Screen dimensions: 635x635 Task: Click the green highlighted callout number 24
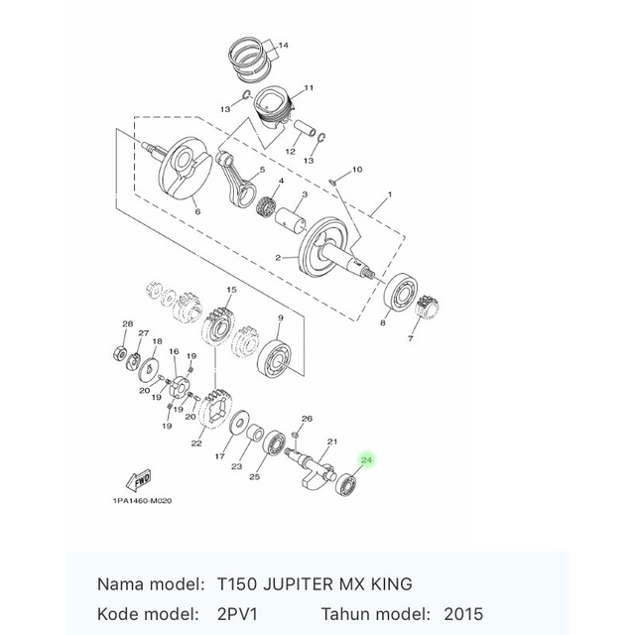coord(367,460)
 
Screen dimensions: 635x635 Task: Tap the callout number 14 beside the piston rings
coord(283,46)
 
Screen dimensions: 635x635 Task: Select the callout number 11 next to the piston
coord(309,87)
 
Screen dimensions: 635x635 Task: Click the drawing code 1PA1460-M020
coord(142,501)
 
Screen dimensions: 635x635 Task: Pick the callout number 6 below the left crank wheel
coord(196,211)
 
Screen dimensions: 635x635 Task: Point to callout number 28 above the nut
coord(127,324)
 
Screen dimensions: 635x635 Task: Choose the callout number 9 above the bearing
coord(281,318)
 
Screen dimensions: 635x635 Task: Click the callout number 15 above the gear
coord(230,290)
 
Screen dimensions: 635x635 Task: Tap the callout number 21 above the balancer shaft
coord(332,441)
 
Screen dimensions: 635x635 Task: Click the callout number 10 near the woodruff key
coord(357,170)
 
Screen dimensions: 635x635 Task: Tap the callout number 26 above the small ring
coord(307,419)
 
